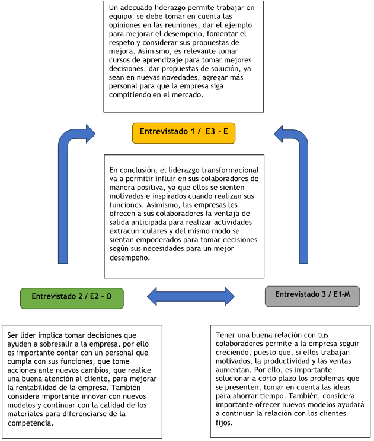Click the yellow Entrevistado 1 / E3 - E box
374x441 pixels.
click(184, 133)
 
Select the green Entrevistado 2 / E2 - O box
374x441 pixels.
click(72, 299)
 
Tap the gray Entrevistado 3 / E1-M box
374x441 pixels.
click(312, 296)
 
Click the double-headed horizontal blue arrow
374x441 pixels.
click(191, 296)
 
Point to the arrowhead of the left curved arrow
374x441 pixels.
click(91, 134)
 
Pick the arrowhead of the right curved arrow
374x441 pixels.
click(278, 134)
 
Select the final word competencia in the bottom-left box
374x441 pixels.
click(30, 423)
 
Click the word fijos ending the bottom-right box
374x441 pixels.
click(224, 423)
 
